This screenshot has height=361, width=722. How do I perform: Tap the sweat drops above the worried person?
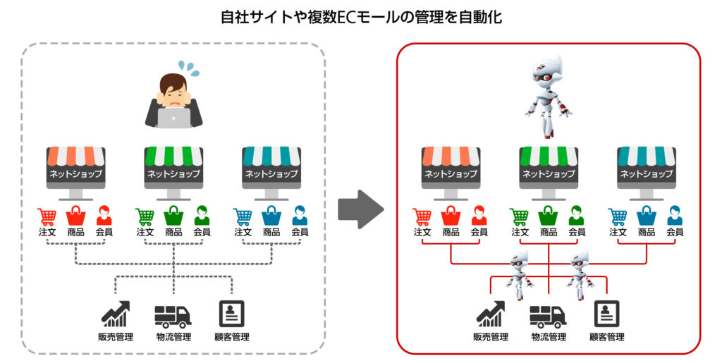(188, 68)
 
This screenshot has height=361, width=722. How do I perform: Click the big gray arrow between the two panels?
(360, 209)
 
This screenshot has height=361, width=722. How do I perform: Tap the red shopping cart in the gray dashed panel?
(47, 216)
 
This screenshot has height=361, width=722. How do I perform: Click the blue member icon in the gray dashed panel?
(300, 216)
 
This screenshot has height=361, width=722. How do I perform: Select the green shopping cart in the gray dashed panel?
(145, 216)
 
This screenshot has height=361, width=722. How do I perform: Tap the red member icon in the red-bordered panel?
(479, 216)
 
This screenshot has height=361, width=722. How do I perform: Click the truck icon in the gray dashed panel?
(173, 315)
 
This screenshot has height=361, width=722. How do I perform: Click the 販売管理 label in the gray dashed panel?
(116, 337)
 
